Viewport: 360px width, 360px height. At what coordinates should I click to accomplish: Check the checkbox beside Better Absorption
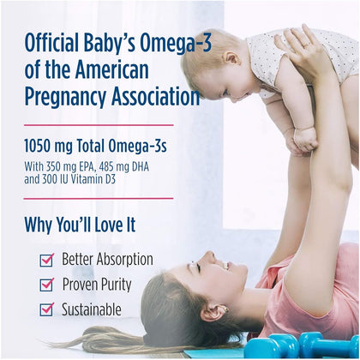click(46, 260)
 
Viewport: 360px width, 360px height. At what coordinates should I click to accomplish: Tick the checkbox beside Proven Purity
click(46, 285)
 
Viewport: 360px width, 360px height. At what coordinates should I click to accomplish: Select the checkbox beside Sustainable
click(46, 309)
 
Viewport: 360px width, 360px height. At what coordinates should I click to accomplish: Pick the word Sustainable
click(92, 309)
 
